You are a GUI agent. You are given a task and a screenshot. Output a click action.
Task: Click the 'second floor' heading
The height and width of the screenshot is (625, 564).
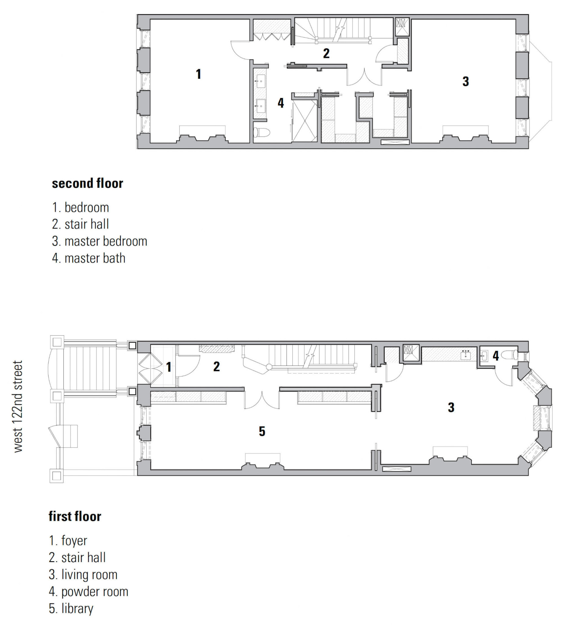pyautogui.click(x=87, y=183)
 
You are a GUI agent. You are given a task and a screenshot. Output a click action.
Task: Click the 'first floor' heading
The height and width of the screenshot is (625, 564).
pyautogui.click(x=75, y=516)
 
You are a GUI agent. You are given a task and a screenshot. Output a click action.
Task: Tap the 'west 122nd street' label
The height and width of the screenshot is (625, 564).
pyautogui.click(x=18, y=406)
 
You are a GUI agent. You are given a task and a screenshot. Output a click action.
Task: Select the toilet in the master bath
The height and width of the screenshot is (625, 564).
pyautogui.click(x=261, y=132)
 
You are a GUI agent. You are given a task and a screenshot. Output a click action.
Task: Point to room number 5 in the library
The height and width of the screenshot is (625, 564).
pyautogui.click(x=262, y=431)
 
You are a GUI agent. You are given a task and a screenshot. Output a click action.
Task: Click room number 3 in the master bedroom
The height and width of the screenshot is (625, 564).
pyautogui.click(x=466, y=81)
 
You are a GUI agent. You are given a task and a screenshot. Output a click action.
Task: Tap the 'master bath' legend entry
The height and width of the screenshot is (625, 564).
pyautogui.click(x=89, y=258)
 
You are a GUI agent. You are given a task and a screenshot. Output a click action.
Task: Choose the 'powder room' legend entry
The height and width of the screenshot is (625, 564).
pyautogui.click(x=88, y=591)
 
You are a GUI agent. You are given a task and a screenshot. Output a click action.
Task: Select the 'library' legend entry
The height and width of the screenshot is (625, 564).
pyautogui.click(x=71, y=609)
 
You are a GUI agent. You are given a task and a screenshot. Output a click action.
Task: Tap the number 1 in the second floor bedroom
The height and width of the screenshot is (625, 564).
pyautogui.click(x=198, y=74)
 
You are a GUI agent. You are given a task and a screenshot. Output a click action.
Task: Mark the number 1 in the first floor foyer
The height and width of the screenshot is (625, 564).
pyautogui.click(x=169, y=367)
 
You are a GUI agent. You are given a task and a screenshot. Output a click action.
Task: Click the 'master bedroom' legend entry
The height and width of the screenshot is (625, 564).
pyautogui.click(x=99, y=241)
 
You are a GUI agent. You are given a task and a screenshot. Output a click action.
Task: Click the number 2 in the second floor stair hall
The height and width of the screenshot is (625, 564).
pyautogui.click(x=326, y=53)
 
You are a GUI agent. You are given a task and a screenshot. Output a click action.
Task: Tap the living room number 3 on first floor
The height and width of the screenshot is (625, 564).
pyautogui.click(x=451, y=407)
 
